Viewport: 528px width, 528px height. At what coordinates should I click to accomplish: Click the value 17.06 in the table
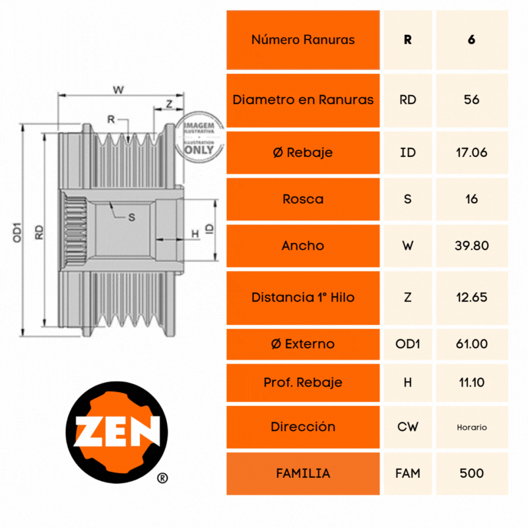(x=471, y=152)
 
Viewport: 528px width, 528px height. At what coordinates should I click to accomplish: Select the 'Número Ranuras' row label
(x=303, y=40)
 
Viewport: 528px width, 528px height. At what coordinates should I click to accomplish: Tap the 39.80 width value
(x=472, y=246)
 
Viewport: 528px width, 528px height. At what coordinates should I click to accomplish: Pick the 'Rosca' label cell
(x=303, y=199)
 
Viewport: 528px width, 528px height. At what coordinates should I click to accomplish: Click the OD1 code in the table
(x=408, y=344)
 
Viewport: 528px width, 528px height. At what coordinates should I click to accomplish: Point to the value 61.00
(x=472, y=344)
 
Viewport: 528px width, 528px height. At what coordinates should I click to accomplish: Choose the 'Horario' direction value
(x=472, y=427)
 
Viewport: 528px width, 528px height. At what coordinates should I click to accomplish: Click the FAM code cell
(x=408, y=473)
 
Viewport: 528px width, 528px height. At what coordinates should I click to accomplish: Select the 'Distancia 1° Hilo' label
(x=303, y=297)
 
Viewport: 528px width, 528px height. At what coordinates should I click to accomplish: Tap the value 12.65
(x=472, y=297)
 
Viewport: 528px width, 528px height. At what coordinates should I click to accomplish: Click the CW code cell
(x=408, y=427)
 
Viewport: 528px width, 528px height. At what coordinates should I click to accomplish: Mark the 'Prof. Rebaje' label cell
(x=303, y=382)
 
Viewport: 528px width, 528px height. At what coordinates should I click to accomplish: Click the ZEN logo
(x=118, y=432)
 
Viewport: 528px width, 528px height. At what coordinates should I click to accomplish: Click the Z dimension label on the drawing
(x=170, y=103)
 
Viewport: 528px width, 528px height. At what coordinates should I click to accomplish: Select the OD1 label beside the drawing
(x=18, y=230)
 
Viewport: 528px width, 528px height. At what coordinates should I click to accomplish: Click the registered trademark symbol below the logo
(x=162, y=477)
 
